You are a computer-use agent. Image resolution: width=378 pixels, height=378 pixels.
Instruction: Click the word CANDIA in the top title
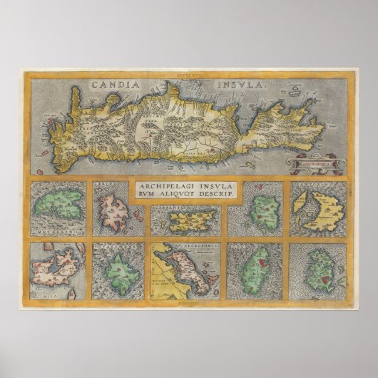click(x=113, y=84)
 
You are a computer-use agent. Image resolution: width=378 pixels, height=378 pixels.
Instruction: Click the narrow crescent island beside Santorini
click(x=302, y=209)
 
